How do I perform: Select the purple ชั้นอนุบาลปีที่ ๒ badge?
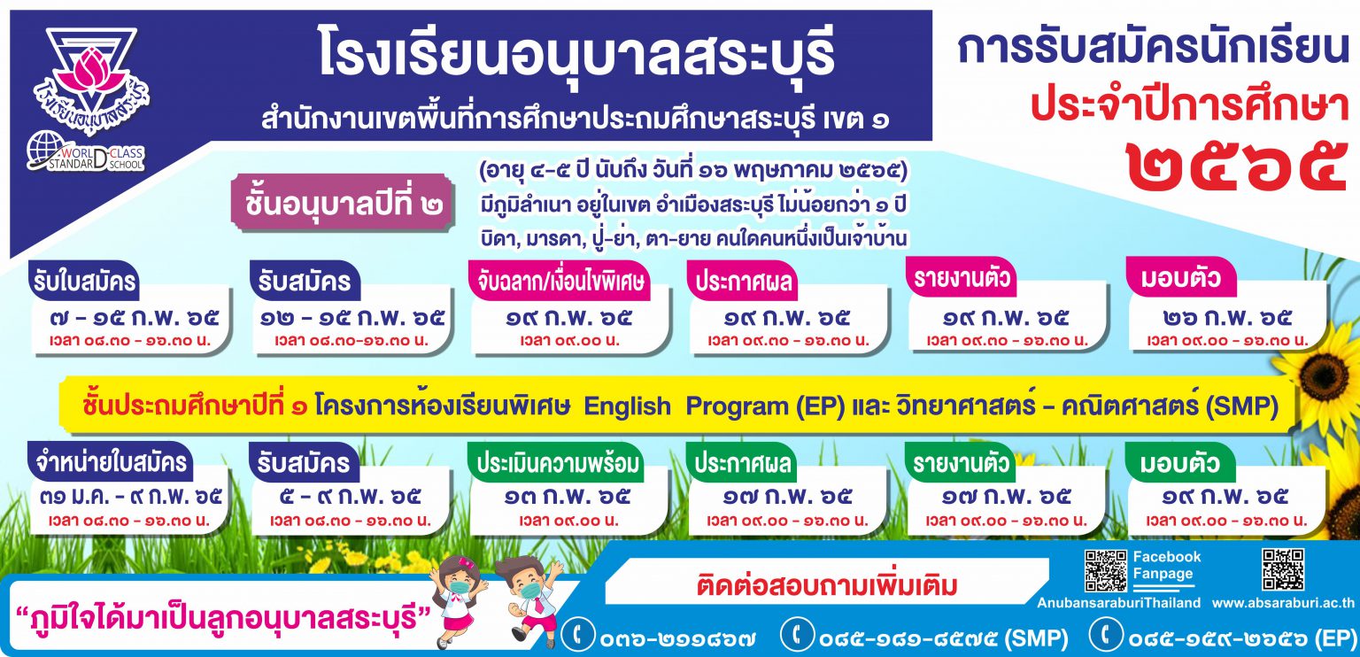[343, 204]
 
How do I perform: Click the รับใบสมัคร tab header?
[84, 282]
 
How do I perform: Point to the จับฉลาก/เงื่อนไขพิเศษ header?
[560, 282]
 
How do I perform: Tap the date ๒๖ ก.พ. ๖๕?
[1227, 318]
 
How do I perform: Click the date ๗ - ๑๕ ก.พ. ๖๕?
[134, 318]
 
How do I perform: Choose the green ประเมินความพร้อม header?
[557, 463]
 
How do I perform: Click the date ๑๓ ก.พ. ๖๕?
[567, 497]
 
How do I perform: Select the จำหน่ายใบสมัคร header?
[111, 462]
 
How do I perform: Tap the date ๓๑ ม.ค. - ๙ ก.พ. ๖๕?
[131, 497]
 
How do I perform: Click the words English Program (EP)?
[714, 406]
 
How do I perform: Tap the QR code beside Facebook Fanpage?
[1106, 570]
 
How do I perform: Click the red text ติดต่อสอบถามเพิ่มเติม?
[827, 585]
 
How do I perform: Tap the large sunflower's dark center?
[1325, 375]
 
